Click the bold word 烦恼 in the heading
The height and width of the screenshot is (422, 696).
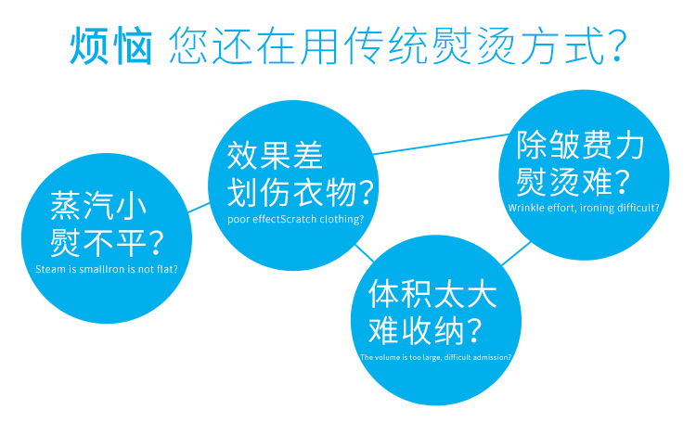click(111, 45)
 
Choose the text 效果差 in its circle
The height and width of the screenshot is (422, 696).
click(275, 156)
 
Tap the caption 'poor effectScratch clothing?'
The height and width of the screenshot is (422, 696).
click(295, 220)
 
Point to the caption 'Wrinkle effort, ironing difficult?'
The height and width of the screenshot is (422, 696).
click(584, 208)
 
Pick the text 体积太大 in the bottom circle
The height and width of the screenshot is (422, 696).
click(432, 294)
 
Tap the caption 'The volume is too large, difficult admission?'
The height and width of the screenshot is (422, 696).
click(435, 357)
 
